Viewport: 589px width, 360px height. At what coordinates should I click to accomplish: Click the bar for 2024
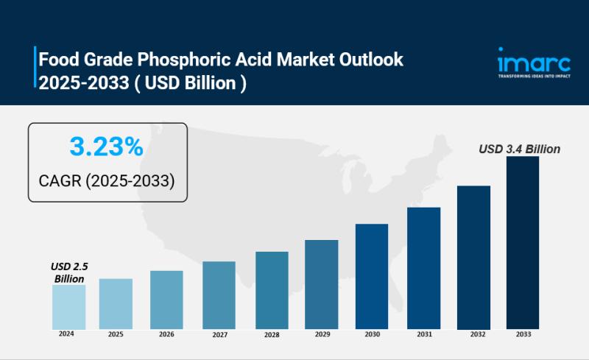68,306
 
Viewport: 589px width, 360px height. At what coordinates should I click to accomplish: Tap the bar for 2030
371,276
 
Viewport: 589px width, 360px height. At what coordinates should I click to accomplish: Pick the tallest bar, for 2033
523,242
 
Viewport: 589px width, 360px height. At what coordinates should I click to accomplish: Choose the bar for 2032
473,257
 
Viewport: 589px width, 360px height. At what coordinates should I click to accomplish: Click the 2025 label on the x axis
116,334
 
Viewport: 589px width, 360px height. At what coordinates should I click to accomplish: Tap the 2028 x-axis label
271,335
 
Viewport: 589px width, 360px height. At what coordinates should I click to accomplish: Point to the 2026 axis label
166,335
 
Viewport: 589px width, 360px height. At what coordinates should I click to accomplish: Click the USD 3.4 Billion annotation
519,149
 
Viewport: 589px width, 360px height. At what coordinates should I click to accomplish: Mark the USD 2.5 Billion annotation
69,272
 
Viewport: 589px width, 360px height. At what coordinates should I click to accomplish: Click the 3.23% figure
107,147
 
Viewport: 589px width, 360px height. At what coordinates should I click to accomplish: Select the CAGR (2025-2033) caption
107,180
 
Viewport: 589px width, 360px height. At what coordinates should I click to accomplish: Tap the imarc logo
523,59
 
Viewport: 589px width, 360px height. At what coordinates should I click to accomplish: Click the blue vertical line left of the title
35,67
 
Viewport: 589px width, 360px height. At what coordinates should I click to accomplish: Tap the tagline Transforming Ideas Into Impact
523,76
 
